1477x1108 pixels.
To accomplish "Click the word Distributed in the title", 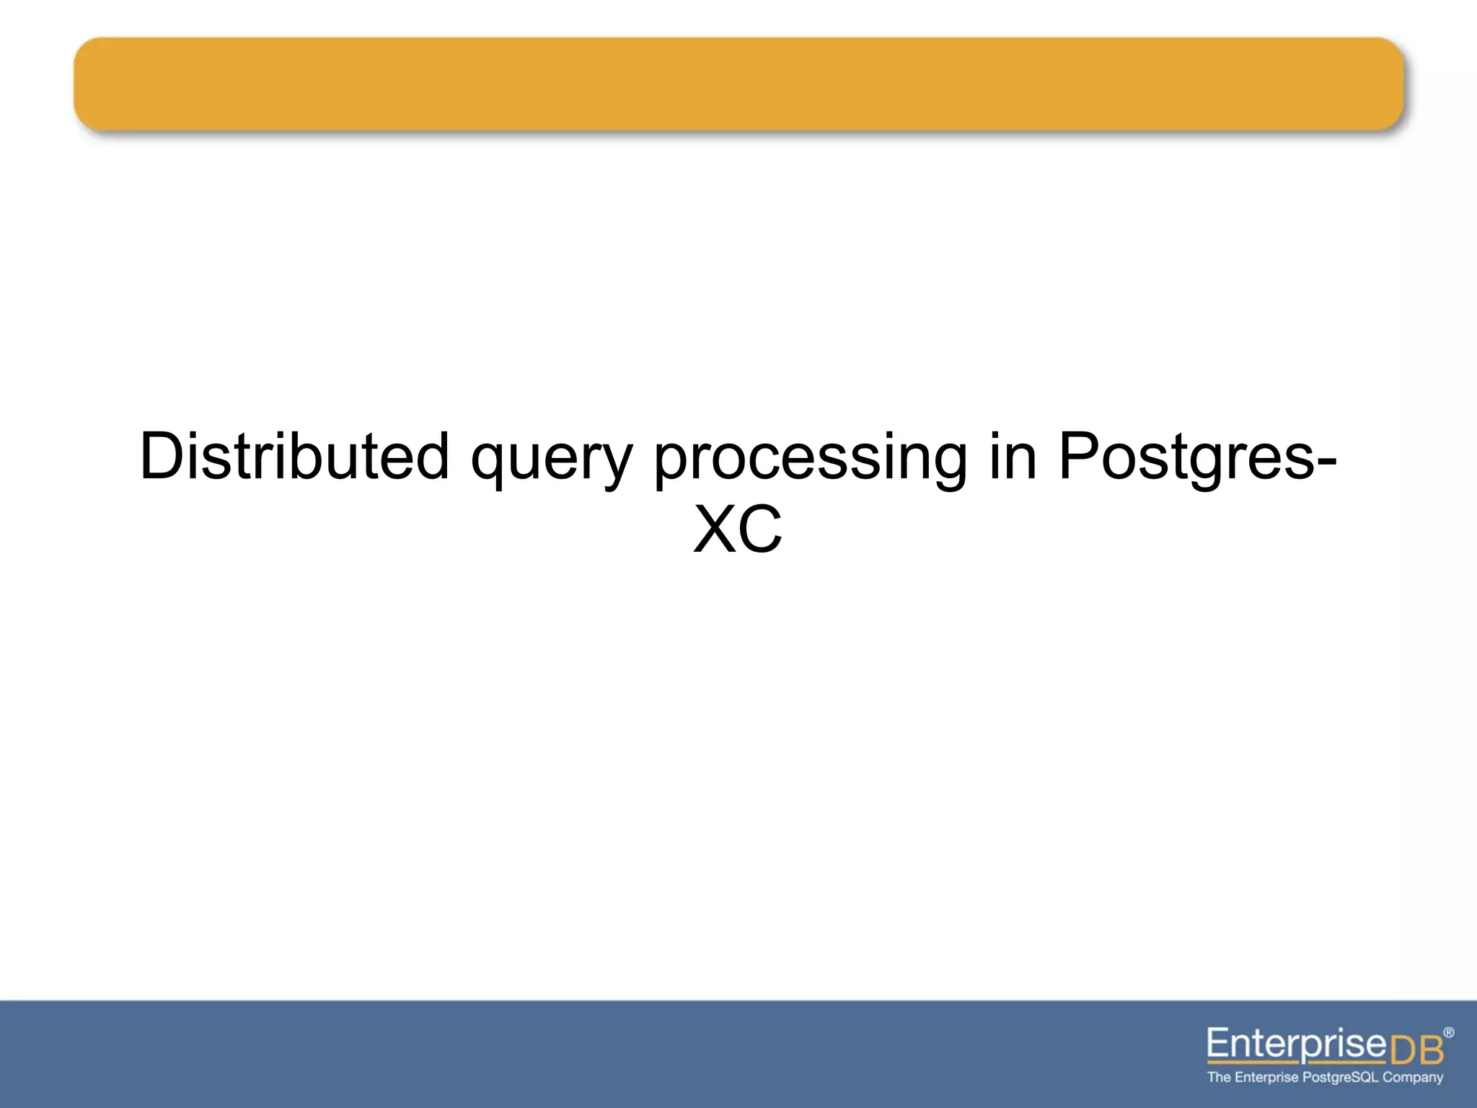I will coord(294,456).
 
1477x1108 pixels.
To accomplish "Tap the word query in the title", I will coord(552,462).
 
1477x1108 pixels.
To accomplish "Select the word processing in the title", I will coord(810,462).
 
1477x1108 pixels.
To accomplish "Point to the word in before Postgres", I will coord(1013,456).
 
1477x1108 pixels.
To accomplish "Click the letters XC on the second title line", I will coord(737,529).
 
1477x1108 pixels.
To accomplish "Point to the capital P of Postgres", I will coord(1080,456).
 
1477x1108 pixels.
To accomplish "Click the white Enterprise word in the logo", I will coord(1296,1045).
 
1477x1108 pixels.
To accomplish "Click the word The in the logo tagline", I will coord(1219,1078).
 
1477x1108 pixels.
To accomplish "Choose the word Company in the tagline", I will coord(1413,1078).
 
